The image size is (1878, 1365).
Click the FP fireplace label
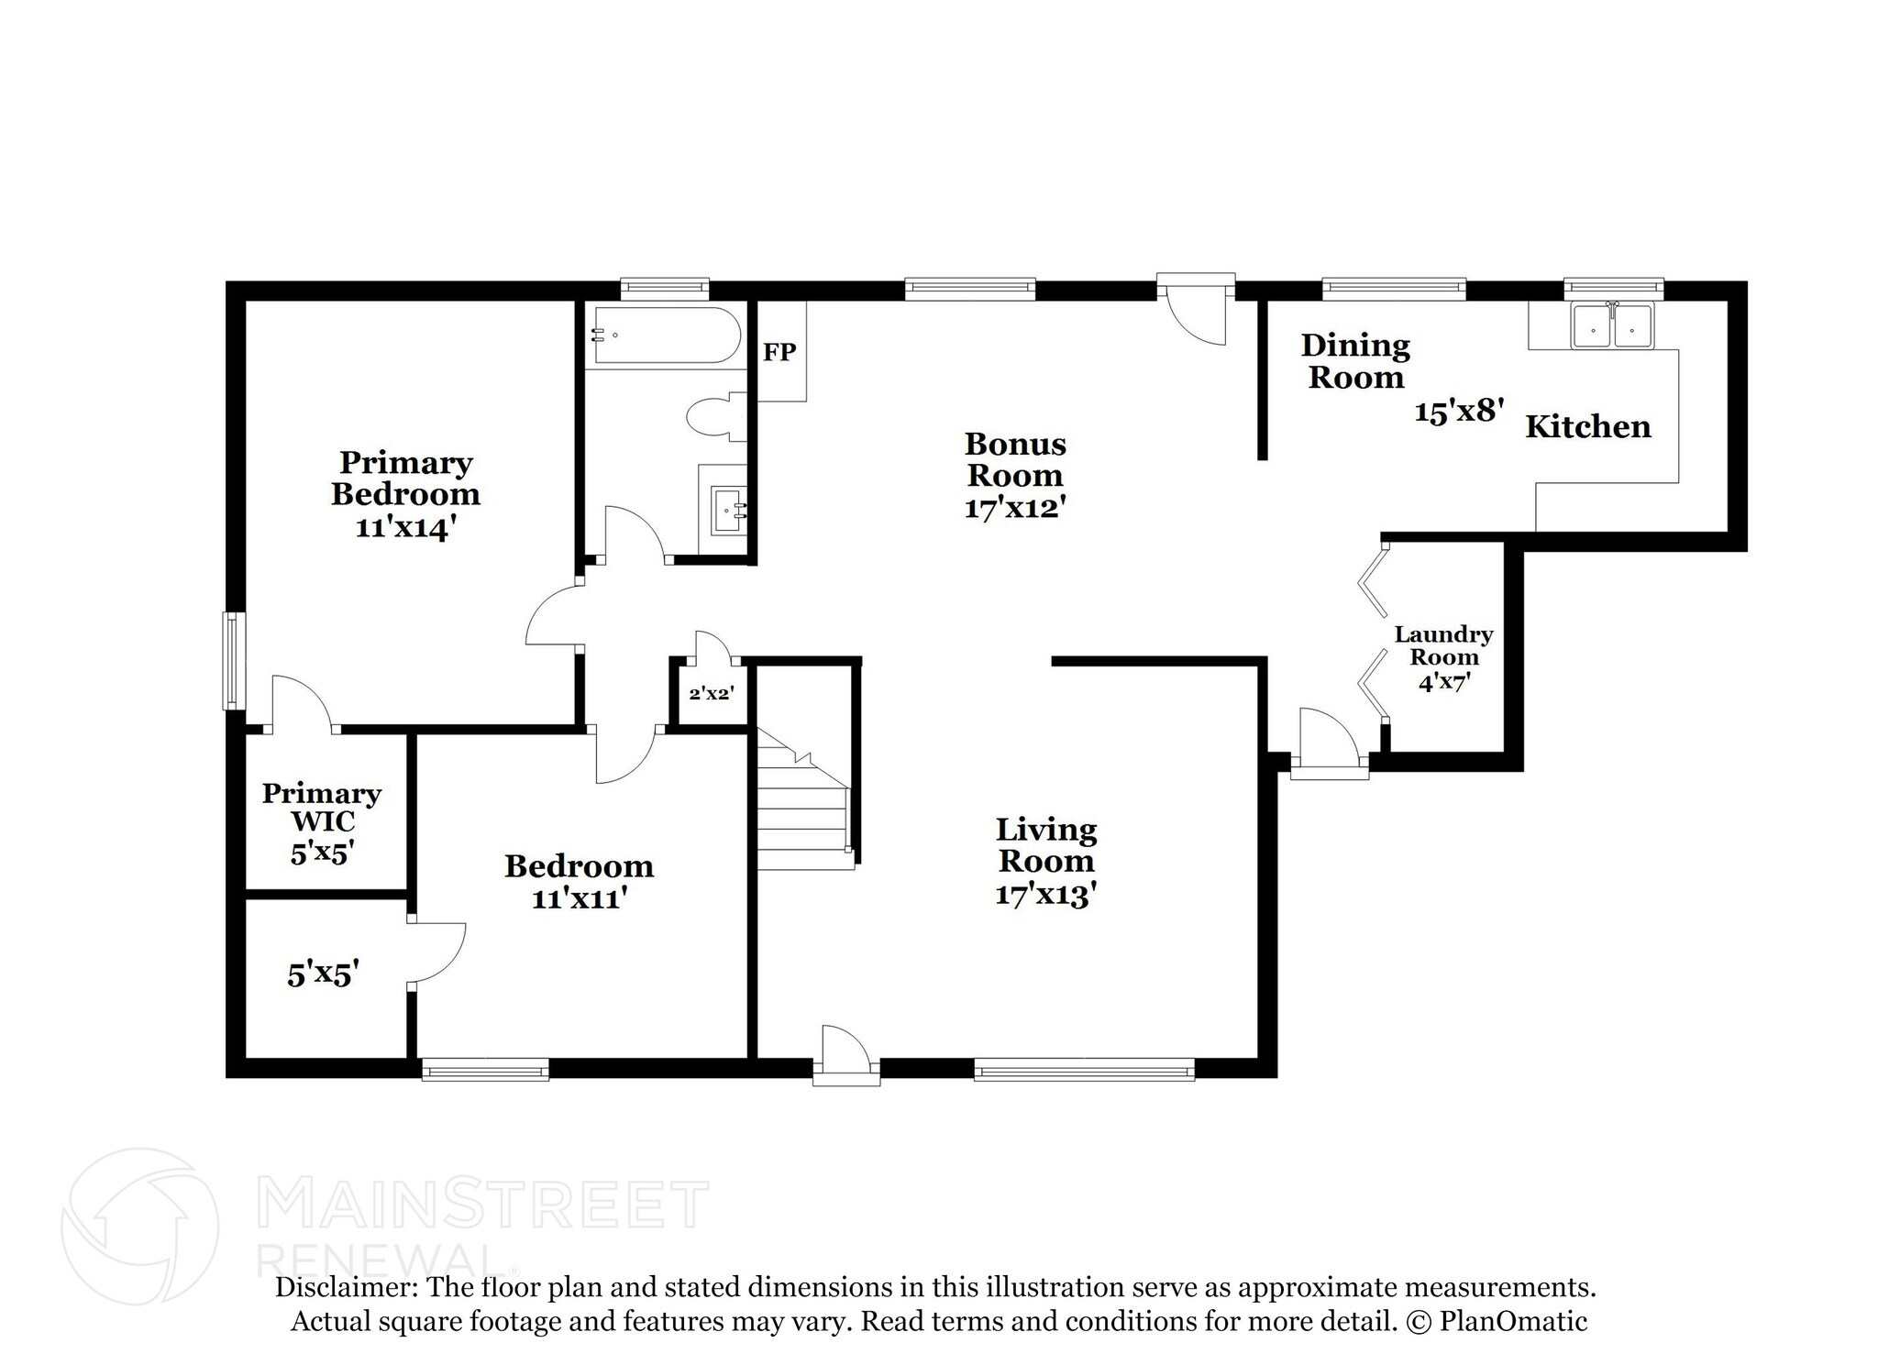point(779,352)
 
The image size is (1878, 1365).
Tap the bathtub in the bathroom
point(665,336)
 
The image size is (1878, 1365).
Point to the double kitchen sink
point(1612,325)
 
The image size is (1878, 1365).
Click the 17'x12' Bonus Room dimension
point(1014,507)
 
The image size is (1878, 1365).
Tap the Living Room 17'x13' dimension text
point(1046,893)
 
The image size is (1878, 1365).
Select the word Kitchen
point(1587,426)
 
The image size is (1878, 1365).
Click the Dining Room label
point(1355,361)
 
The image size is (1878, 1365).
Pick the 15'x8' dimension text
point(1459,411)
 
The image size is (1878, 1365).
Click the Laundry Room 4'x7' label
point(1443,657)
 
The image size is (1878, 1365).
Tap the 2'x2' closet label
point(711,694)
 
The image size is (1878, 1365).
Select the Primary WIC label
point(321,807)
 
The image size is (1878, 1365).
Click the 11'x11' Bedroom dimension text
point(579,897)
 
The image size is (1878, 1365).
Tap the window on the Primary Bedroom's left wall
point(234,660)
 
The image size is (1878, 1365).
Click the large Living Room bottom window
point(1084,1068)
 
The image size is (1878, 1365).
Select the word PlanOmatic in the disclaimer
point(1513,1321)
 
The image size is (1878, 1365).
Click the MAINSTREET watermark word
point(484,1205)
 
